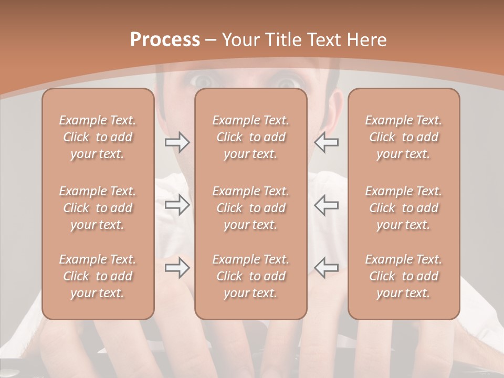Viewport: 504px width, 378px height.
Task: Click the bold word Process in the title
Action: tap(165, 40)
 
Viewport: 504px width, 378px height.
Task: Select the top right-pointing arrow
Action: tap(177, 142)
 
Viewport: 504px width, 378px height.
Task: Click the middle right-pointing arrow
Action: tap(177, 205)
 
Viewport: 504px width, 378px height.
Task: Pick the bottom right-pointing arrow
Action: tap(177, 268)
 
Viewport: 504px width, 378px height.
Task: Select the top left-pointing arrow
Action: tap(327, 142)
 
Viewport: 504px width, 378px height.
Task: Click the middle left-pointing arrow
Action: tap(327, 205)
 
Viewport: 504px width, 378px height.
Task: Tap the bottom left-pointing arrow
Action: tap(327, 268)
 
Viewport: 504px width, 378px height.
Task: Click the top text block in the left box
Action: tap(98, 137)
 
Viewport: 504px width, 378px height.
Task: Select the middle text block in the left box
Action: tap(98, 208)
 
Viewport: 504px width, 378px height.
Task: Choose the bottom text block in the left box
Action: tap(98, 276)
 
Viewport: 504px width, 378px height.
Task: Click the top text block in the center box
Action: tap(250, 137)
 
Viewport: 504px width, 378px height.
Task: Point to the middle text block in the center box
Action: tap(250, 208)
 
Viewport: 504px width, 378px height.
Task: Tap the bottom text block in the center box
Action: tap(250, 276)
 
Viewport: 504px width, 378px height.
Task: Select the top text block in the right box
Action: tap(403, 137)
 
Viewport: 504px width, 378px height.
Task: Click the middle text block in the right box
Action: tap(403, 208)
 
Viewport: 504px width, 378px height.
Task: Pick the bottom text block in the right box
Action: tap(403, 276)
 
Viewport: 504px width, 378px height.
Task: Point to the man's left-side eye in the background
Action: tap(202, 81)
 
